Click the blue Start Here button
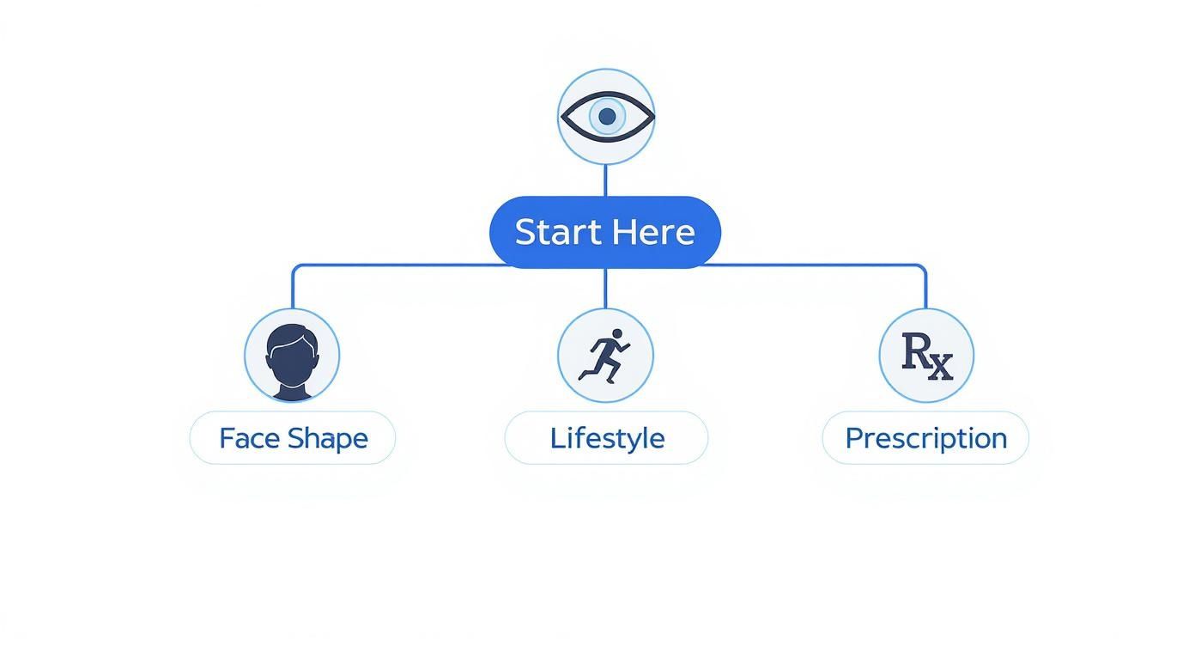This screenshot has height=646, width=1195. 605,232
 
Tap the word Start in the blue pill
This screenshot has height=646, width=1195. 557,232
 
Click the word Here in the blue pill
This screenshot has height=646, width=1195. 653,232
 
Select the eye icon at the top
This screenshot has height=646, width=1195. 607,116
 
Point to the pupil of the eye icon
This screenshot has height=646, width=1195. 607,116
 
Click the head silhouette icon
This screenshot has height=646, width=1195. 293,362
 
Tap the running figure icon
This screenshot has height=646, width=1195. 605,356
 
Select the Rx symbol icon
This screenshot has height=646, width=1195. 927,357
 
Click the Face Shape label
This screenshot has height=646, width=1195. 294,439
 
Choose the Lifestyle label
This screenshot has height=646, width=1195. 607,439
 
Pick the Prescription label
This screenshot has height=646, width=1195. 926,439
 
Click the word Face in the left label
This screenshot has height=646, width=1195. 249,439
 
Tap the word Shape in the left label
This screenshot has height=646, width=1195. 328,439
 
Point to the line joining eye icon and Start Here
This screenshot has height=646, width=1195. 605,180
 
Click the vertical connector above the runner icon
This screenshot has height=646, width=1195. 605,289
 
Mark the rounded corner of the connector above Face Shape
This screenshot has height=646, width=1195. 295,267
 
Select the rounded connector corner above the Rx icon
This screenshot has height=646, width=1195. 922,267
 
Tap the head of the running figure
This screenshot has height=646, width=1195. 617,333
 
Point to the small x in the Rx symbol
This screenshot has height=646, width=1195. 941,368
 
